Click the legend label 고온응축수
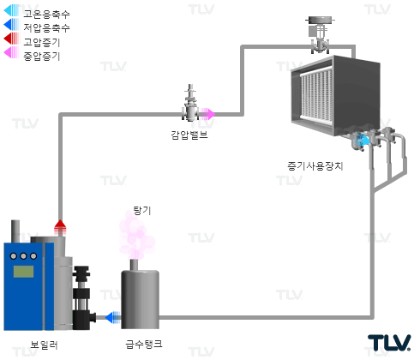pyautogui.click(x=46, y=14)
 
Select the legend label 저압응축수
pyautogui.click(x=46, y=27)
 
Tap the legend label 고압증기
pyautogui.click(x=42, y=42)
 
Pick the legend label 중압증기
pyautogui.click(x=42, y=56)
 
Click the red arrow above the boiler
pyautogui.click(x=60, y=227)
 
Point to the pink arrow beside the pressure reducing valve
pyautogui.click(x=207, y=114)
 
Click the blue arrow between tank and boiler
pyautogui.click(x=113, y=317)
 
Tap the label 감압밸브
pyautogui.click(x=189, y=135)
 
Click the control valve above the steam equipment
pyautogui.click(x=320, y=35)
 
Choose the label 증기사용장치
pyautogui.click(x=315, y=166)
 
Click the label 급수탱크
pyautogui.click(x=144, y=344)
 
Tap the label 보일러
pyautogui.click(x=44, y=345)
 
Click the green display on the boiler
pyautogui.click(x=23, y=272)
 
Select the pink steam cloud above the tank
pyautogui.click(x=136, y=236)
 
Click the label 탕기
pyautogui.click(x=142, y=211)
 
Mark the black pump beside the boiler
pyautogui.click(x=82, y=297)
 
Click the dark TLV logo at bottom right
pyautogui.click(x=389, y=343)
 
